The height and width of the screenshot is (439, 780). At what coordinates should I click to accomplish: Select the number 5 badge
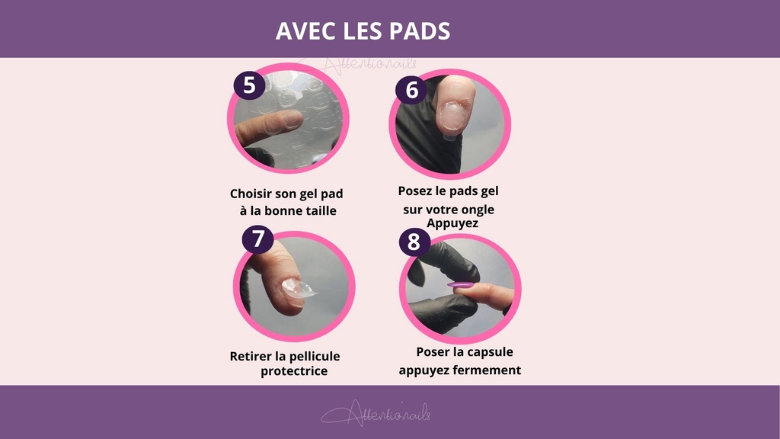click(x=249, y=84)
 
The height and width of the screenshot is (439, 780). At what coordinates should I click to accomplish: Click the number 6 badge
click(x=411, y=90)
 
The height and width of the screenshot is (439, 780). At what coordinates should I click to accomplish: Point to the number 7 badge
click(x=258, y=239)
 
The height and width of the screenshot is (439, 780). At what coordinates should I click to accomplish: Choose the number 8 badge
click(x=414, y=243)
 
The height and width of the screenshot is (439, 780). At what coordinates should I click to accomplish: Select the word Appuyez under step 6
click(x=452, y=223)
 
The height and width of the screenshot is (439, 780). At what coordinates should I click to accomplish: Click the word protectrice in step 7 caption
click(x=294, y=371)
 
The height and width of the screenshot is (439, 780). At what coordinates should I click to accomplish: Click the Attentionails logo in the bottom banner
click(x=376, y=413)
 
